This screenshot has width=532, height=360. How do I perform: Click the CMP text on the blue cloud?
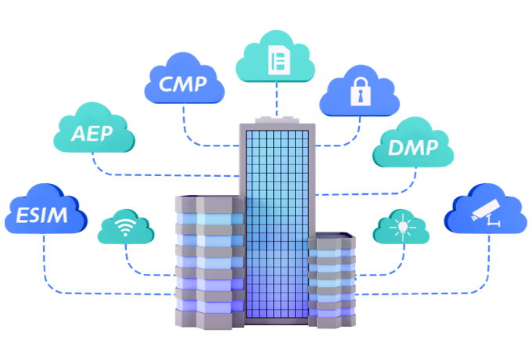click(182, 85)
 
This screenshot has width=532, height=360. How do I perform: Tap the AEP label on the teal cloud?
click(92, 134)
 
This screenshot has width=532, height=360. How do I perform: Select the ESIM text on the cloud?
click(41, 215)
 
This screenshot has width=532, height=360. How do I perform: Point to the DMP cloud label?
click(413, 148)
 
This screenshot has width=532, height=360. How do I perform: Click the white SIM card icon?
click(279, 60)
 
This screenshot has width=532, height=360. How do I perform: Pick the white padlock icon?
click(361, 92)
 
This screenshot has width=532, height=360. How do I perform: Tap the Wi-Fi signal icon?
click(125, 226)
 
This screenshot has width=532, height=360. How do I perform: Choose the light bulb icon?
click(403, 227)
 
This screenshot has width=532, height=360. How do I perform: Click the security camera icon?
click(486, 213)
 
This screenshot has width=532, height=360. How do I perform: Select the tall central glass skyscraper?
click(278, 224)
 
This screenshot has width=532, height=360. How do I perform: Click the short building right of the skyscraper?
click(332, 281)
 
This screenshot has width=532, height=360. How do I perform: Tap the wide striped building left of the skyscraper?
click(210, 262)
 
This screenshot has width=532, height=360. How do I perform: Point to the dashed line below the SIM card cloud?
click(277, 99)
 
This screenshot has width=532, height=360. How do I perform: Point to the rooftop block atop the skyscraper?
click(277, 120)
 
